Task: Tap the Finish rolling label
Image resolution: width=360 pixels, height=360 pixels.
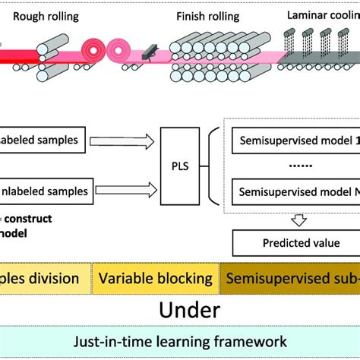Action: coord(208,16)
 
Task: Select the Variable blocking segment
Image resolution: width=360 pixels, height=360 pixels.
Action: coord(155,279)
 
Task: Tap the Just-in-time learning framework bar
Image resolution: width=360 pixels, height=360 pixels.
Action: coord(179,342)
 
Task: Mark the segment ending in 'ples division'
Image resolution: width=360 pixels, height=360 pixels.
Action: coord(45,279)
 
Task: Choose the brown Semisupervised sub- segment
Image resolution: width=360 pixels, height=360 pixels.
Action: coord(289,279)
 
